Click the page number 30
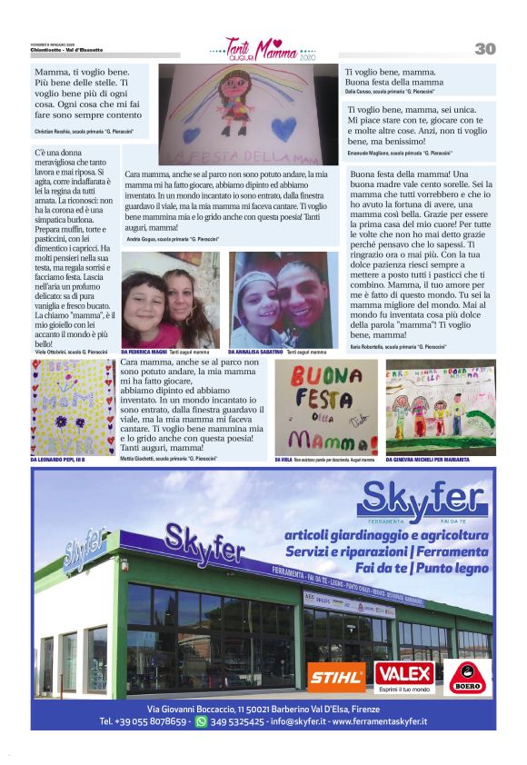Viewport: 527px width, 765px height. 484,48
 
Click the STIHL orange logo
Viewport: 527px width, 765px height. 336,676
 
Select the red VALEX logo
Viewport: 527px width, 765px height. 405,674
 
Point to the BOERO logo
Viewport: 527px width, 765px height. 470,678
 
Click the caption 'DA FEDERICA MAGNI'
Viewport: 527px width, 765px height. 144,351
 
